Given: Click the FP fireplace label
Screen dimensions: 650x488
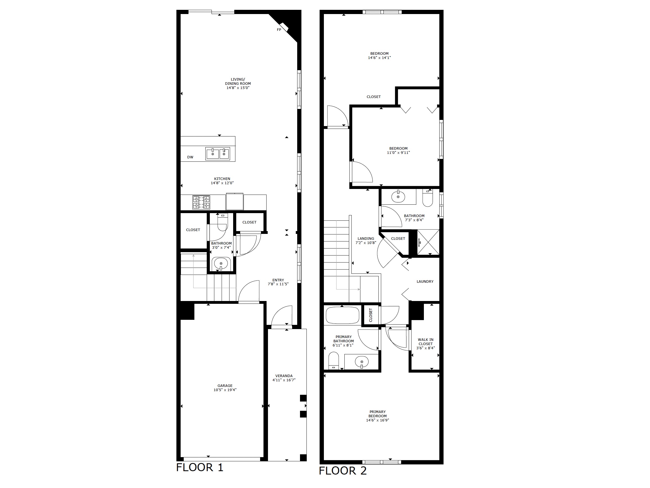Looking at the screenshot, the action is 279,30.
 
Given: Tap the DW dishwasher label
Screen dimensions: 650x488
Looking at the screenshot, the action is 190,157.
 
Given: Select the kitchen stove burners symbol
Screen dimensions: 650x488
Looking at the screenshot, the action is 201,202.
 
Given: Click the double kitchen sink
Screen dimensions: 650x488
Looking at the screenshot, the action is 217,154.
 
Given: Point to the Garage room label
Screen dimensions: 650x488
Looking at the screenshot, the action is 225,386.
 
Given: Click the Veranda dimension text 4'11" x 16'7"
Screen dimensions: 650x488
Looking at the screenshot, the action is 284,380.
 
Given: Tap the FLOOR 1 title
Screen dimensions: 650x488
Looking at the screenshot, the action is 200,467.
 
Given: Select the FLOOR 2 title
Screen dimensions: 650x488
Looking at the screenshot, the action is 343,471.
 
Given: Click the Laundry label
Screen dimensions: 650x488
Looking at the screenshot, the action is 425,281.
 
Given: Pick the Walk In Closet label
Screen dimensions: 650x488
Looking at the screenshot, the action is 426,342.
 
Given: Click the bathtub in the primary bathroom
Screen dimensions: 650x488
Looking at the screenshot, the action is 343,315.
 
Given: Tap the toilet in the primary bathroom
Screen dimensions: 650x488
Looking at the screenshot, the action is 333,361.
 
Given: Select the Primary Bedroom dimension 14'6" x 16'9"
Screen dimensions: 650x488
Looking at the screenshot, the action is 378,420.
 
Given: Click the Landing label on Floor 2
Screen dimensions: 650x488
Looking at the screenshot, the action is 366,239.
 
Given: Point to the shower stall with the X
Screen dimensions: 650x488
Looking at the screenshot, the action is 428,242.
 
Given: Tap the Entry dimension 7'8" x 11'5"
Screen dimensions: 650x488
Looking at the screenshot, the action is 278,284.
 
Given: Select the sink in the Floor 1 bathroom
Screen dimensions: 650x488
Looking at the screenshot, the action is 221,264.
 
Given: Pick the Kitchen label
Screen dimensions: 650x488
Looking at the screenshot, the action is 222,179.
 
